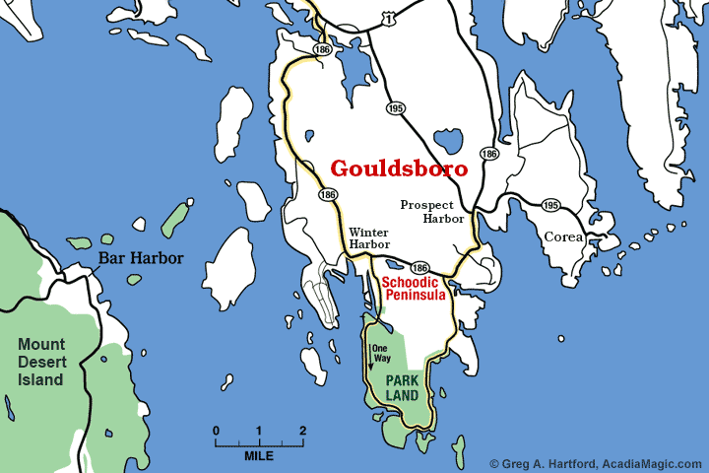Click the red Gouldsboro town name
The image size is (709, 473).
399,169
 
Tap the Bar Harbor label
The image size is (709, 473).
140,260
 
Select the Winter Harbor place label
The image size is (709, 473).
369,237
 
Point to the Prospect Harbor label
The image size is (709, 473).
430,212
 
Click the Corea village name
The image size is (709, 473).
564,237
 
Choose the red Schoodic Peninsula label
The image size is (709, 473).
414,288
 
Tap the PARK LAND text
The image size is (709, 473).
403,386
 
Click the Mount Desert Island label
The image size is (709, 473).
40,362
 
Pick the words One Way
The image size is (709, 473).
380,353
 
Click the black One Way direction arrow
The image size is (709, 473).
370,360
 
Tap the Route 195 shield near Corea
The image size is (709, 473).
550,205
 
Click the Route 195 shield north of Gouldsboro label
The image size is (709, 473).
395,108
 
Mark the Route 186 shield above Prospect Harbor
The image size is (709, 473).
488,154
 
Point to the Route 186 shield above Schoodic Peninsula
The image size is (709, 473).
419,267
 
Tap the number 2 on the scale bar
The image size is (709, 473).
302,431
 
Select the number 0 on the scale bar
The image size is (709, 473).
216,431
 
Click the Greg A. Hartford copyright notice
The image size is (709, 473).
595,463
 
